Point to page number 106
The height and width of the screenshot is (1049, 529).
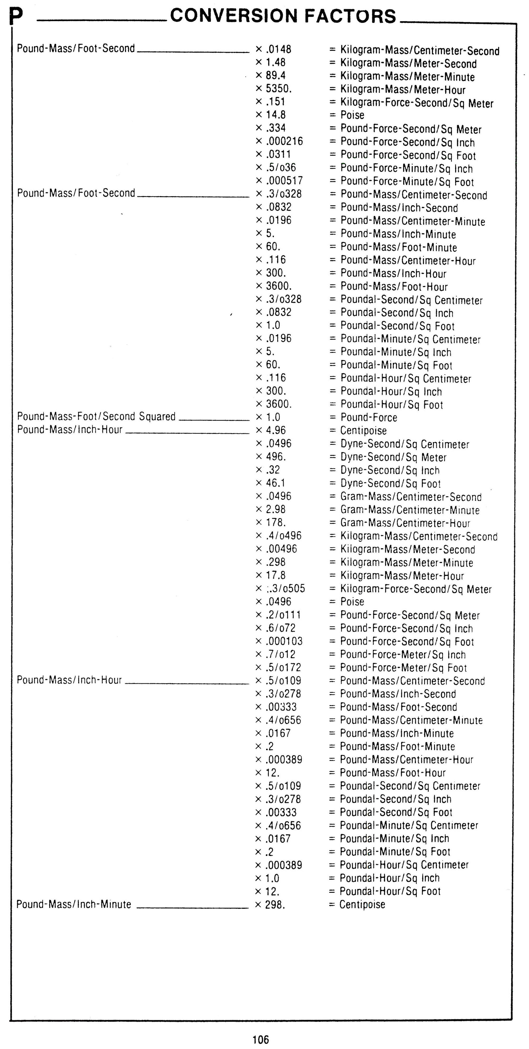261,1039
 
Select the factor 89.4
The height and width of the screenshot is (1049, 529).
276,76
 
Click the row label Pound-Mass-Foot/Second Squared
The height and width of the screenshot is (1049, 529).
96,417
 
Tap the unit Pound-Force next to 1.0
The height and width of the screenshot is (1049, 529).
369,417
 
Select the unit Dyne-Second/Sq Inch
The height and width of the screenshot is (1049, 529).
390,470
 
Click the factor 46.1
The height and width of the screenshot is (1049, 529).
276,483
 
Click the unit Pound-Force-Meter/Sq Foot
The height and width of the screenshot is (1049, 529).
403,668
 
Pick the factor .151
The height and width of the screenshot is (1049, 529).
276,102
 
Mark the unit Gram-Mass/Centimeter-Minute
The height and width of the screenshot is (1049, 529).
410,510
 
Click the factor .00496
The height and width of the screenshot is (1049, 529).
281,549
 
